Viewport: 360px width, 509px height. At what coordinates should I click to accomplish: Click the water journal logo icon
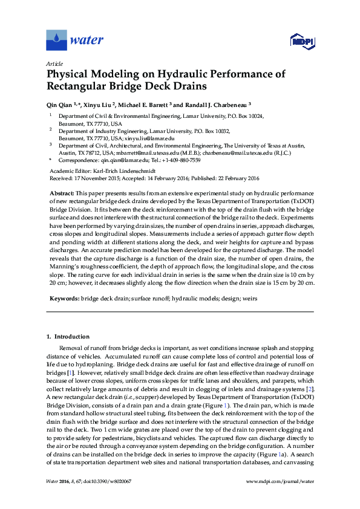pos(56,40)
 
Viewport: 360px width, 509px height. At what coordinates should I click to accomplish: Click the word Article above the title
pos(55,63)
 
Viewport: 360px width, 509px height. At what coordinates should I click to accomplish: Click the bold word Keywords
pos(63,299)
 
